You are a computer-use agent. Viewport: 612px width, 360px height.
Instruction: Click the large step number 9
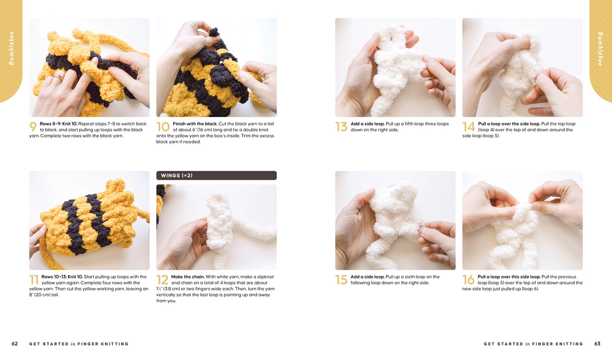(x=33, y=127)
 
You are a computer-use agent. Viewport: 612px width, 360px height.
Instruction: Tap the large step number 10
(x=163, y=127)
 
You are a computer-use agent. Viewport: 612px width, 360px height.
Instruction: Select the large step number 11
(x=34, y=280)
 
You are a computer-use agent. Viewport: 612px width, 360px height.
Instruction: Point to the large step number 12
(x=162, y=280)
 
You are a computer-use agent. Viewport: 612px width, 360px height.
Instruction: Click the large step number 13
(x=341, y=127)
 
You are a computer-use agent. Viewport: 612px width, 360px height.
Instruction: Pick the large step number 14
(x=468, y=127)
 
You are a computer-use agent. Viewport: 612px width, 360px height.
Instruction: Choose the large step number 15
(x=341, y=280)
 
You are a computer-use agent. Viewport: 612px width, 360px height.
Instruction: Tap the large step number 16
(x=468, y=280)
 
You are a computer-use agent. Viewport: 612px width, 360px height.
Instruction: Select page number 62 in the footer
(x=15, y=343)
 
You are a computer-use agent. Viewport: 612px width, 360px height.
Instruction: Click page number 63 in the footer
(x=597, y=343)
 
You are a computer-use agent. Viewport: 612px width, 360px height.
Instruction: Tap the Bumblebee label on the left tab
(x=11, y=48)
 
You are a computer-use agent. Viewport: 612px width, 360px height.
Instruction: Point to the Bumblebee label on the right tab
(x=600, y=49)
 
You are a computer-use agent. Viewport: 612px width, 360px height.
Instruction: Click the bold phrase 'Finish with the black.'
(x=195, y=124)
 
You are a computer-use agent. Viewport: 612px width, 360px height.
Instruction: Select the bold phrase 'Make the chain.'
(x=187, y=277)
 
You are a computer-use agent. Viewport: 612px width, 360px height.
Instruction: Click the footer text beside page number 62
(x=79, y=344)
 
